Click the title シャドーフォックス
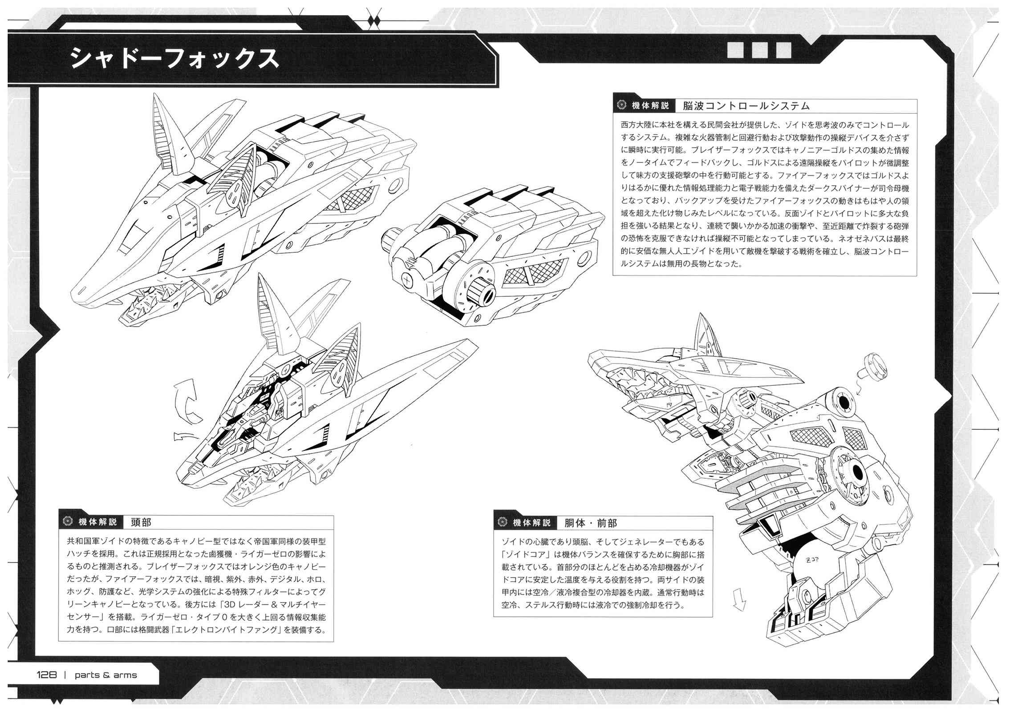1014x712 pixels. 174,58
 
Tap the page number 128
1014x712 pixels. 47,675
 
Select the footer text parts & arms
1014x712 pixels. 106,675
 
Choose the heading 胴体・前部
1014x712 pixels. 590,523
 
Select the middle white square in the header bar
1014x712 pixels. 759,50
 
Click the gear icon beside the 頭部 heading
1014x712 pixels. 68,522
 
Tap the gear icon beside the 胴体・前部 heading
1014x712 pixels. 503,522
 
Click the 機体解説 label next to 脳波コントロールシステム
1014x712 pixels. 650,106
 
